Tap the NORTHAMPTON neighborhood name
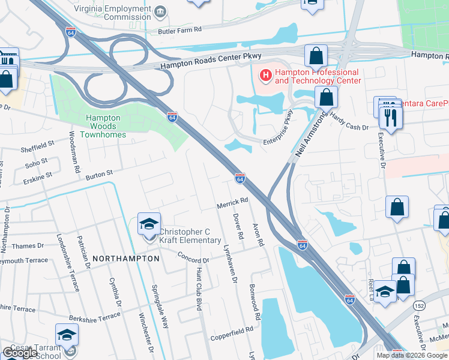click(125, 258)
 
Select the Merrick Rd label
click(232, 204)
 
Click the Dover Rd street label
click(238, 227)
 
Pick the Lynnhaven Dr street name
click(229, 264)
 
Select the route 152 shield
click(419, 306)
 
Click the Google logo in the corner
click(20, 353)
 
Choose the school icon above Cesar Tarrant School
click(67, 335)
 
